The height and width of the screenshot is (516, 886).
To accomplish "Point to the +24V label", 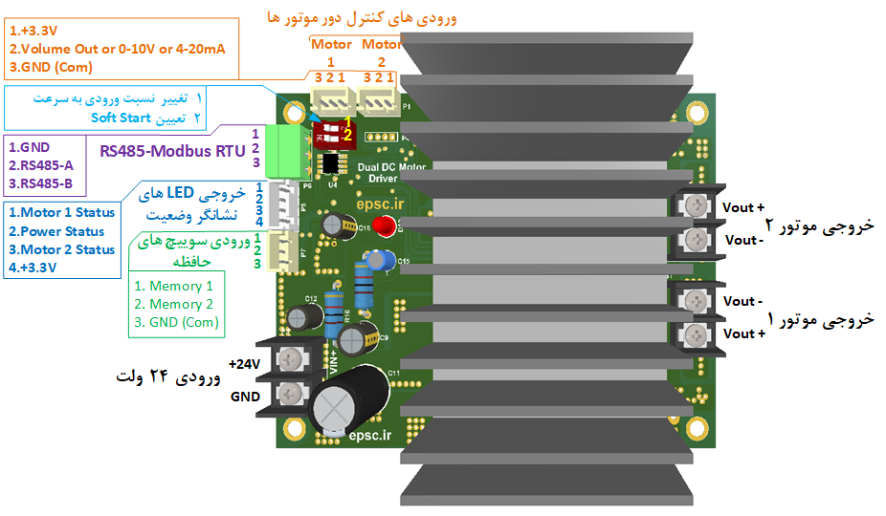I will coord(245,363).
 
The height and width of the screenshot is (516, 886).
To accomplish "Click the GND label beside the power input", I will coord(245,395).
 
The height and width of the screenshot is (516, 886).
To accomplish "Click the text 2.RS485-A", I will coord(40,165).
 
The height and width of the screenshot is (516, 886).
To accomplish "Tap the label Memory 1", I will coord(173,286).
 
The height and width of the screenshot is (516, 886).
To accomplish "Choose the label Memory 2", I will coord(173,304).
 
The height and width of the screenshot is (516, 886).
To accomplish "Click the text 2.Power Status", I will coord(56,231).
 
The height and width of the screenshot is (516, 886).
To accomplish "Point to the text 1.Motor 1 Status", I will coord(61,212).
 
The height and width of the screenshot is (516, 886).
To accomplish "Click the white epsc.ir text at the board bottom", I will coord(371,436).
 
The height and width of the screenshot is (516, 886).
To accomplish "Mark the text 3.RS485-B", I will coord(40,183).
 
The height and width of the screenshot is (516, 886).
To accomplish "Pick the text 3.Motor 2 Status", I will coord(61,249).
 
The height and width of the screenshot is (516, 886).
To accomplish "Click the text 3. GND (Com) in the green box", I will coord(175,322).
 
